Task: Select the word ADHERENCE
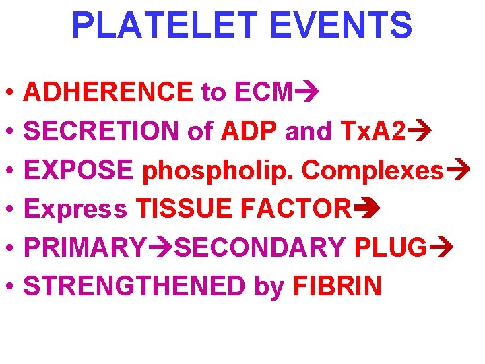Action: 108,92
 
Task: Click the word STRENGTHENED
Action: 134,286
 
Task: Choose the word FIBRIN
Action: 337,286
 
